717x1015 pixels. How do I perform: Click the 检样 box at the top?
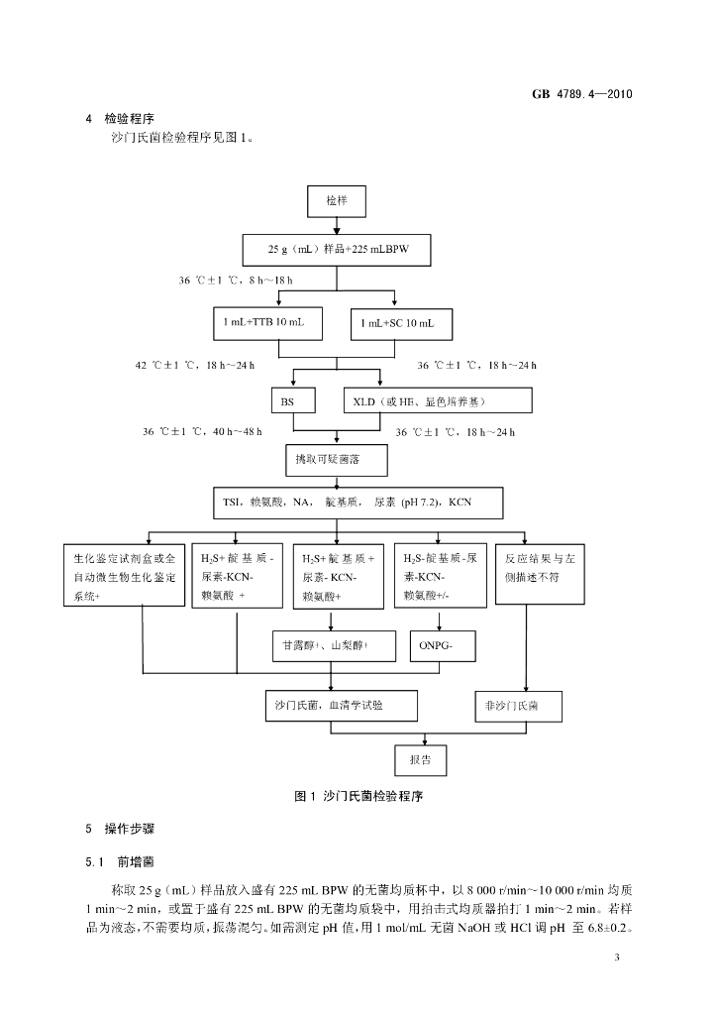[x=338, y=202]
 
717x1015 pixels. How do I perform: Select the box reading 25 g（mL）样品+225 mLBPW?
[x=337, y=250]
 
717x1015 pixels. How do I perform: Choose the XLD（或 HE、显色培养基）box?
[x=436, y=400]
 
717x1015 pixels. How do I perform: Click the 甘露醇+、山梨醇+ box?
[x=334, y=646]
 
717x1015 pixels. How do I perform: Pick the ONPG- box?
[x=435, y=646]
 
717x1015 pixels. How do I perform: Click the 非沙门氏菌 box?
[x=519, y=706]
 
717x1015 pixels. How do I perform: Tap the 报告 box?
[x=420, y=760]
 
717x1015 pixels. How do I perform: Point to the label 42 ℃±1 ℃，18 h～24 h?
[x=195, y=366]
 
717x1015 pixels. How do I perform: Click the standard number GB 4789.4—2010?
[x=581, y=94]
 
